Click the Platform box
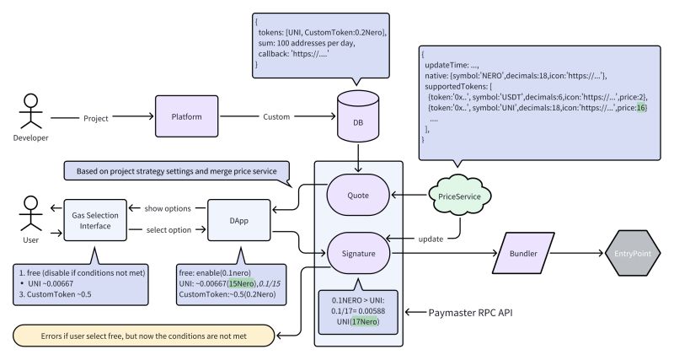tap(185, 116)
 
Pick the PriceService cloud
tap(454, 196)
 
